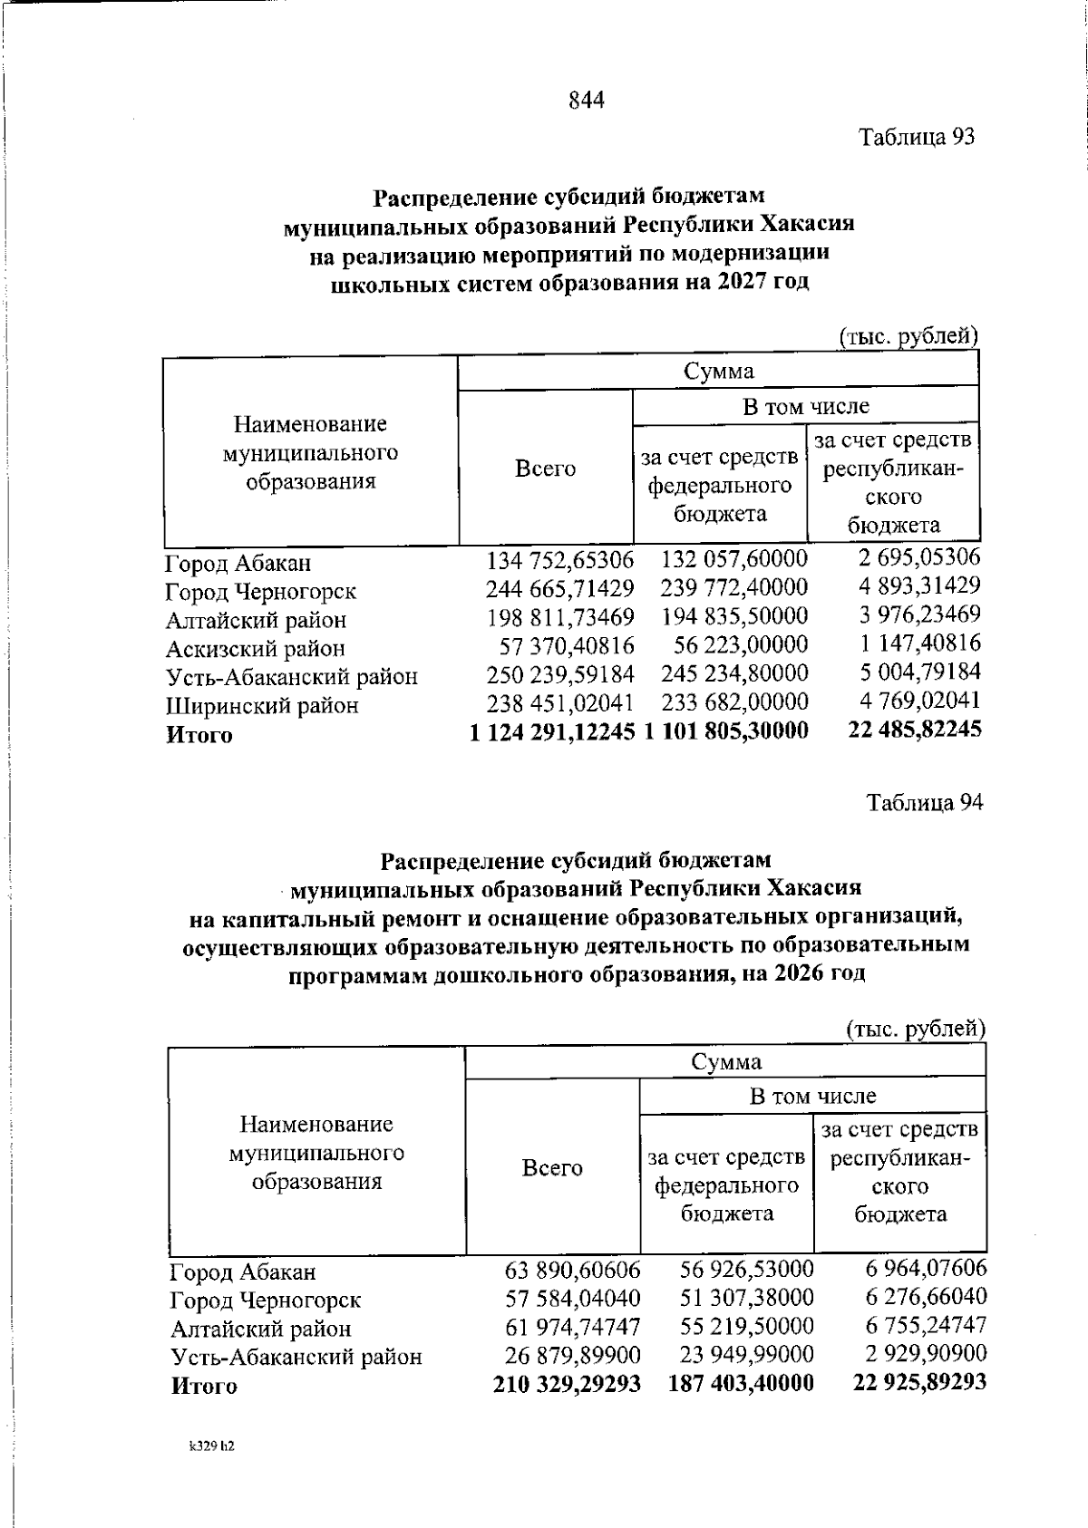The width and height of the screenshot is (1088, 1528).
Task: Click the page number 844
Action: (587, 100)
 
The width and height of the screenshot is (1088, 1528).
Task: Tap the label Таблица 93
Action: (917, 137)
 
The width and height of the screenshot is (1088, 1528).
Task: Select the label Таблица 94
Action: (924, 803)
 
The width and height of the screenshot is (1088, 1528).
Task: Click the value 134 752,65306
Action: (560, 561)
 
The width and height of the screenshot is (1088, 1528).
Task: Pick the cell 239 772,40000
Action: (733, 589)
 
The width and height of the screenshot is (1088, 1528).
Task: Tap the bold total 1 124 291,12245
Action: (551, 731)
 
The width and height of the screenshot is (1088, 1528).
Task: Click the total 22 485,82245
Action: (914, 730)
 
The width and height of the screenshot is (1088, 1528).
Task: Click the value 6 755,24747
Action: (926, 1326)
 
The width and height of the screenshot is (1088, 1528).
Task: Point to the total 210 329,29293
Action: (567, 1384)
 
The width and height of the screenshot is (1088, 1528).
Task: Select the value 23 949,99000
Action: (747, 1355)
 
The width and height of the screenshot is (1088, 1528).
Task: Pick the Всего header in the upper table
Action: (545, 469)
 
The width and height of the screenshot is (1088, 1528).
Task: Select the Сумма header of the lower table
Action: (725, 1061)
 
